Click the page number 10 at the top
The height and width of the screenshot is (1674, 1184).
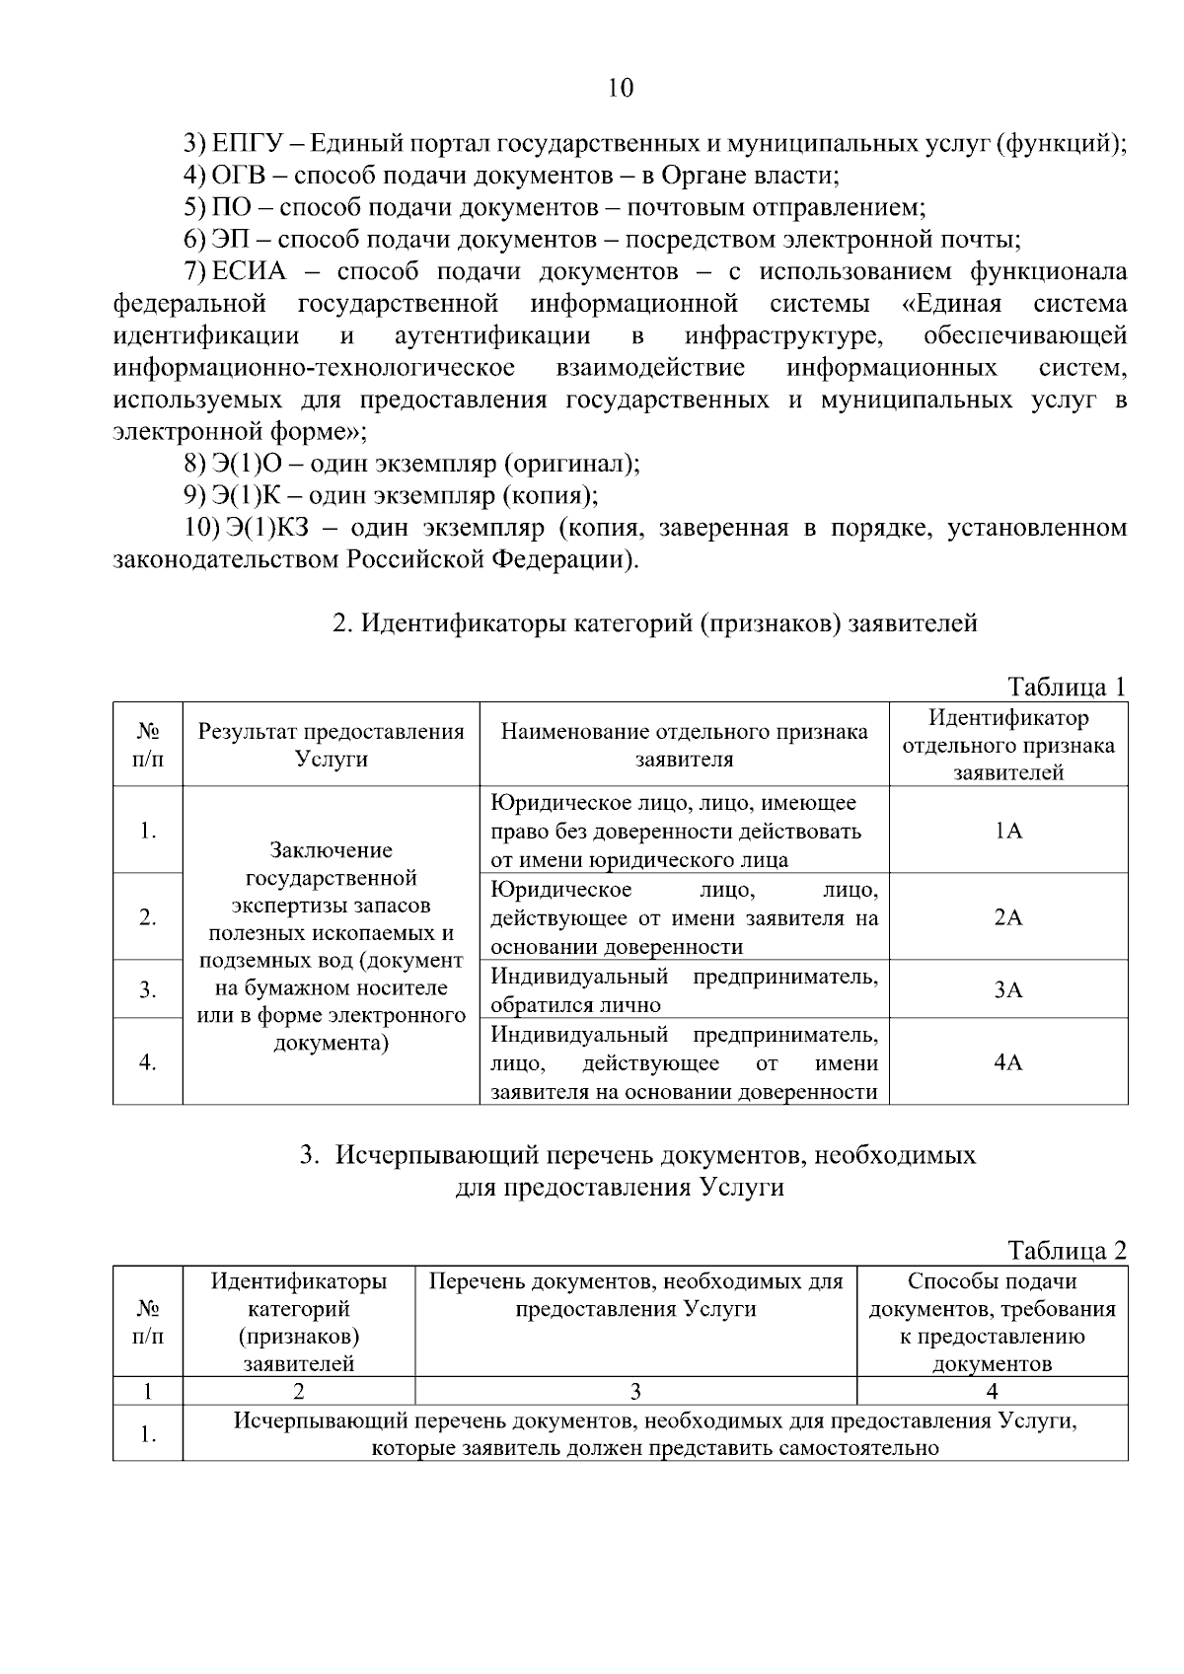620,88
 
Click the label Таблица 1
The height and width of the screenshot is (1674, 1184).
1066,687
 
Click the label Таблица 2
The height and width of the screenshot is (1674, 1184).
1066,1250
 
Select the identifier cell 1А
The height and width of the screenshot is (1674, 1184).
1008,831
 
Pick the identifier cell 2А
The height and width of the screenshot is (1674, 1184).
1008,917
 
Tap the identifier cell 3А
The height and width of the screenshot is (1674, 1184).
1008,989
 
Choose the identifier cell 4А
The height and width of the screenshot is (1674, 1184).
1008,1062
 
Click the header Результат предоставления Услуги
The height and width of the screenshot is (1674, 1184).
331,745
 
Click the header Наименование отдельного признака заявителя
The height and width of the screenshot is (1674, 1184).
684,745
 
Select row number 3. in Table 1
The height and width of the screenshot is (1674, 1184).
148,989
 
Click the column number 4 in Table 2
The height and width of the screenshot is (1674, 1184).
992,1391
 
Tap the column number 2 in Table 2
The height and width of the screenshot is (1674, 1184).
298,1391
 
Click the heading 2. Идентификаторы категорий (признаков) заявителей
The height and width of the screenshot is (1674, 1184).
655,623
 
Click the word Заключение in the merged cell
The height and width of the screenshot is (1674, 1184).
331,850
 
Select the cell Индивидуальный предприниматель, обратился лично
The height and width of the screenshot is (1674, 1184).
684,990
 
